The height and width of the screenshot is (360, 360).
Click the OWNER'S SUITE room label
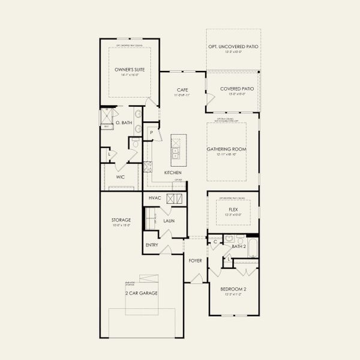pyautogui.click(x=130, y=70)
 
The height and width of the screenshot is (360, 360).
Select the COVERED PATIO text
pyautogui.click(x=233, y=89)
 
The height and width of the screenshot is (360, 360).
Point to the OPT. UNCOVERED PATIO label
pyautogui.click(x=233, y=47)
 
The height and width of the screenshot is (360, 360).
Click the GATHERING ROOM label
pyautogui.click(x=227, y=149)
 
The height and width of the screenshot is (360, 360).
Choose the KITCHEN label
pyautogui.click(x=173, y=173)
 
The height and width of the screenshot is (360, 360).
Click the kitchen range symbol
pyautogui.click(x=147, y=167)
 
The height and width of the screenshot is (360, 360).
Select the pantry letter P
pyautogui.click(x=152, y=132)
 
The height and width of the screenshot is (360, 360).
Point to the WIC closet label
pyautogui.click(x=120, y=177)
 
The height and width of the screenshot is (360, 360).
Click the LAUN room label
pyautogui.click(x=169, y=221)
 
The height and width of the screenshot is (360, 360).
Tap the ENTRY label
pyautogui.click(x=151, y=245)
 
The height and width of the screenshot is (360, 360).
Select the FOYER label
pyautogui.click(x=195, y=260)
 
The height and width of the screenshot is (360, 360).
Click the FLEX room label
pyautogui.click(x=233, y=209)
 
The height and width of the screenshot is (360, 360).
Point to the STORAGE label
pyautogui.click(x=121, y=220)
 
